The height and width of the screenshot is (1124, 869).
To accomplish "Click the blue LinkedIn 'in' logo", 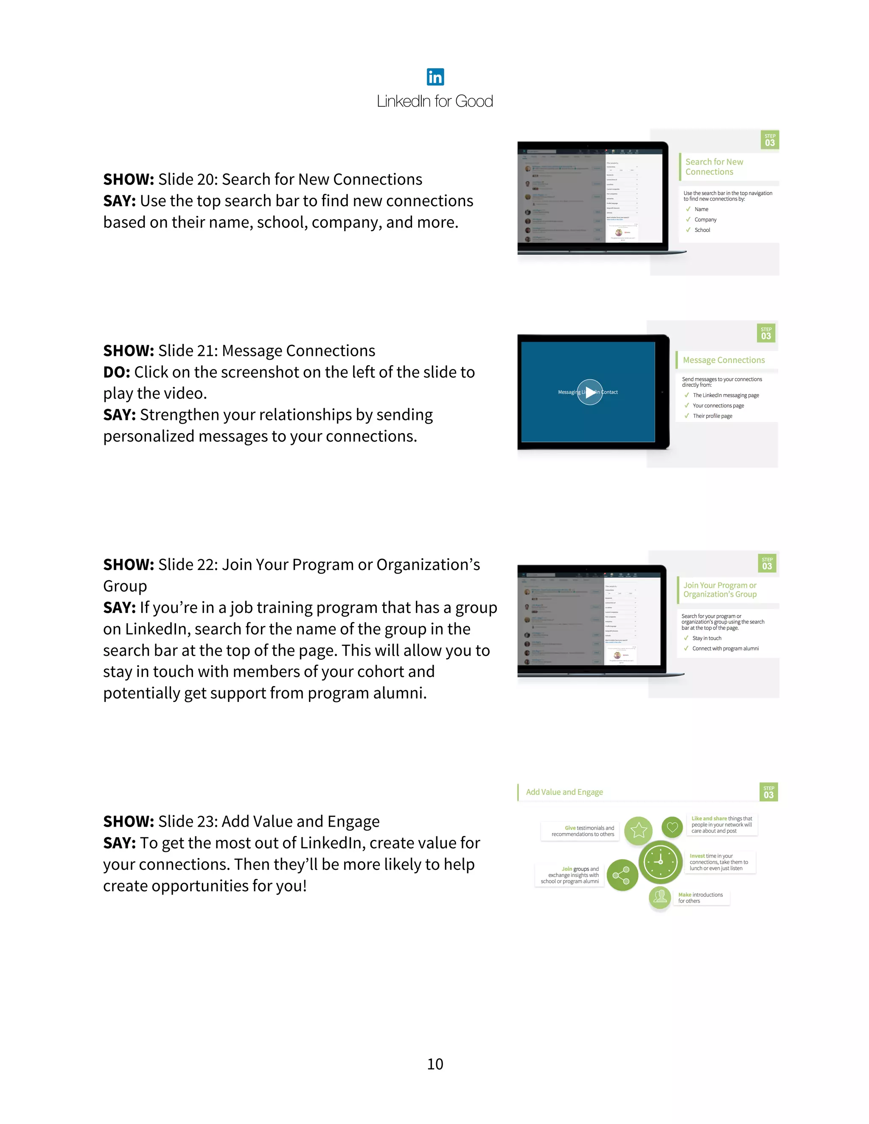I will coord(435,77).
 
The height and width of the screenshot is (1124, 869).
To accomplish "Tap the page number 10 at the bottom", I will coord(435,1064).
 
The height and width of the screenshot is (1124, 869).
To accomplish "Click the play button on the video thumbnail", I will coord(589,392).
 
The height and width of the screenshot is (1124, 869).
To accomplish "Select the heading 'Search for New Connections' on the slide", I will coord(714,167).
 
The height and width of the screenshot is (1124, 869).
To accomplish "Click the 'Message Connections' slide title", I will coord(723,360).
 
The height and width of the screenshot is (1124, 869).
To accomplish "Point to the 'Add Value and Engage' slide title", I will coord(564,792).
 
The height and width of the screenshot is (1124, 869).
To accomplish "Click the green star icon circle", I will coord(638,830).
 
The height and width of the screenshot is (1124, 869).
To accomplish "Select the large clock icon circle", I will coord(661,862).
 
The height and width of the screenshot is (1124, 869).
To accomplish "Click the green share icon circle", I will coord(622,875).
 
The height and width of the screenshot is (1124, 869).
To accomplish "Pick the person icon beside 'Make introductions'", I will coord(660,897).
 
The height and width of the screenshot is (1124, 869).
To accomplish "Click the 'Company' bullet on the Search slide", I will coord(705,220).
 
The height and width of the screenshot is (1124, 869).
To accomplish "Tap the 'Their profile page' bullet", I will coord(712,416).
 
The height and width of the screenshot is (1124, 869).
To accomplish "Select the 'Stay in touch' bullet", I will coord(706,638).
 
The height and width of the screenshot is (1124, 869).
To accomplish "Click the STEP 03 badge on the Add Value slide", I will coord(768,792).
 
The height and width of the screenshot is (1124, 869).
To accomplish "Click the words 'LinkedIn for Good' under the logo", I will coord(435,101).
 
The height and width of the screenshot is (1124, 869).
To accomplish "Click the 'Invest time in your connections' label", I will coord(719,862).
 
